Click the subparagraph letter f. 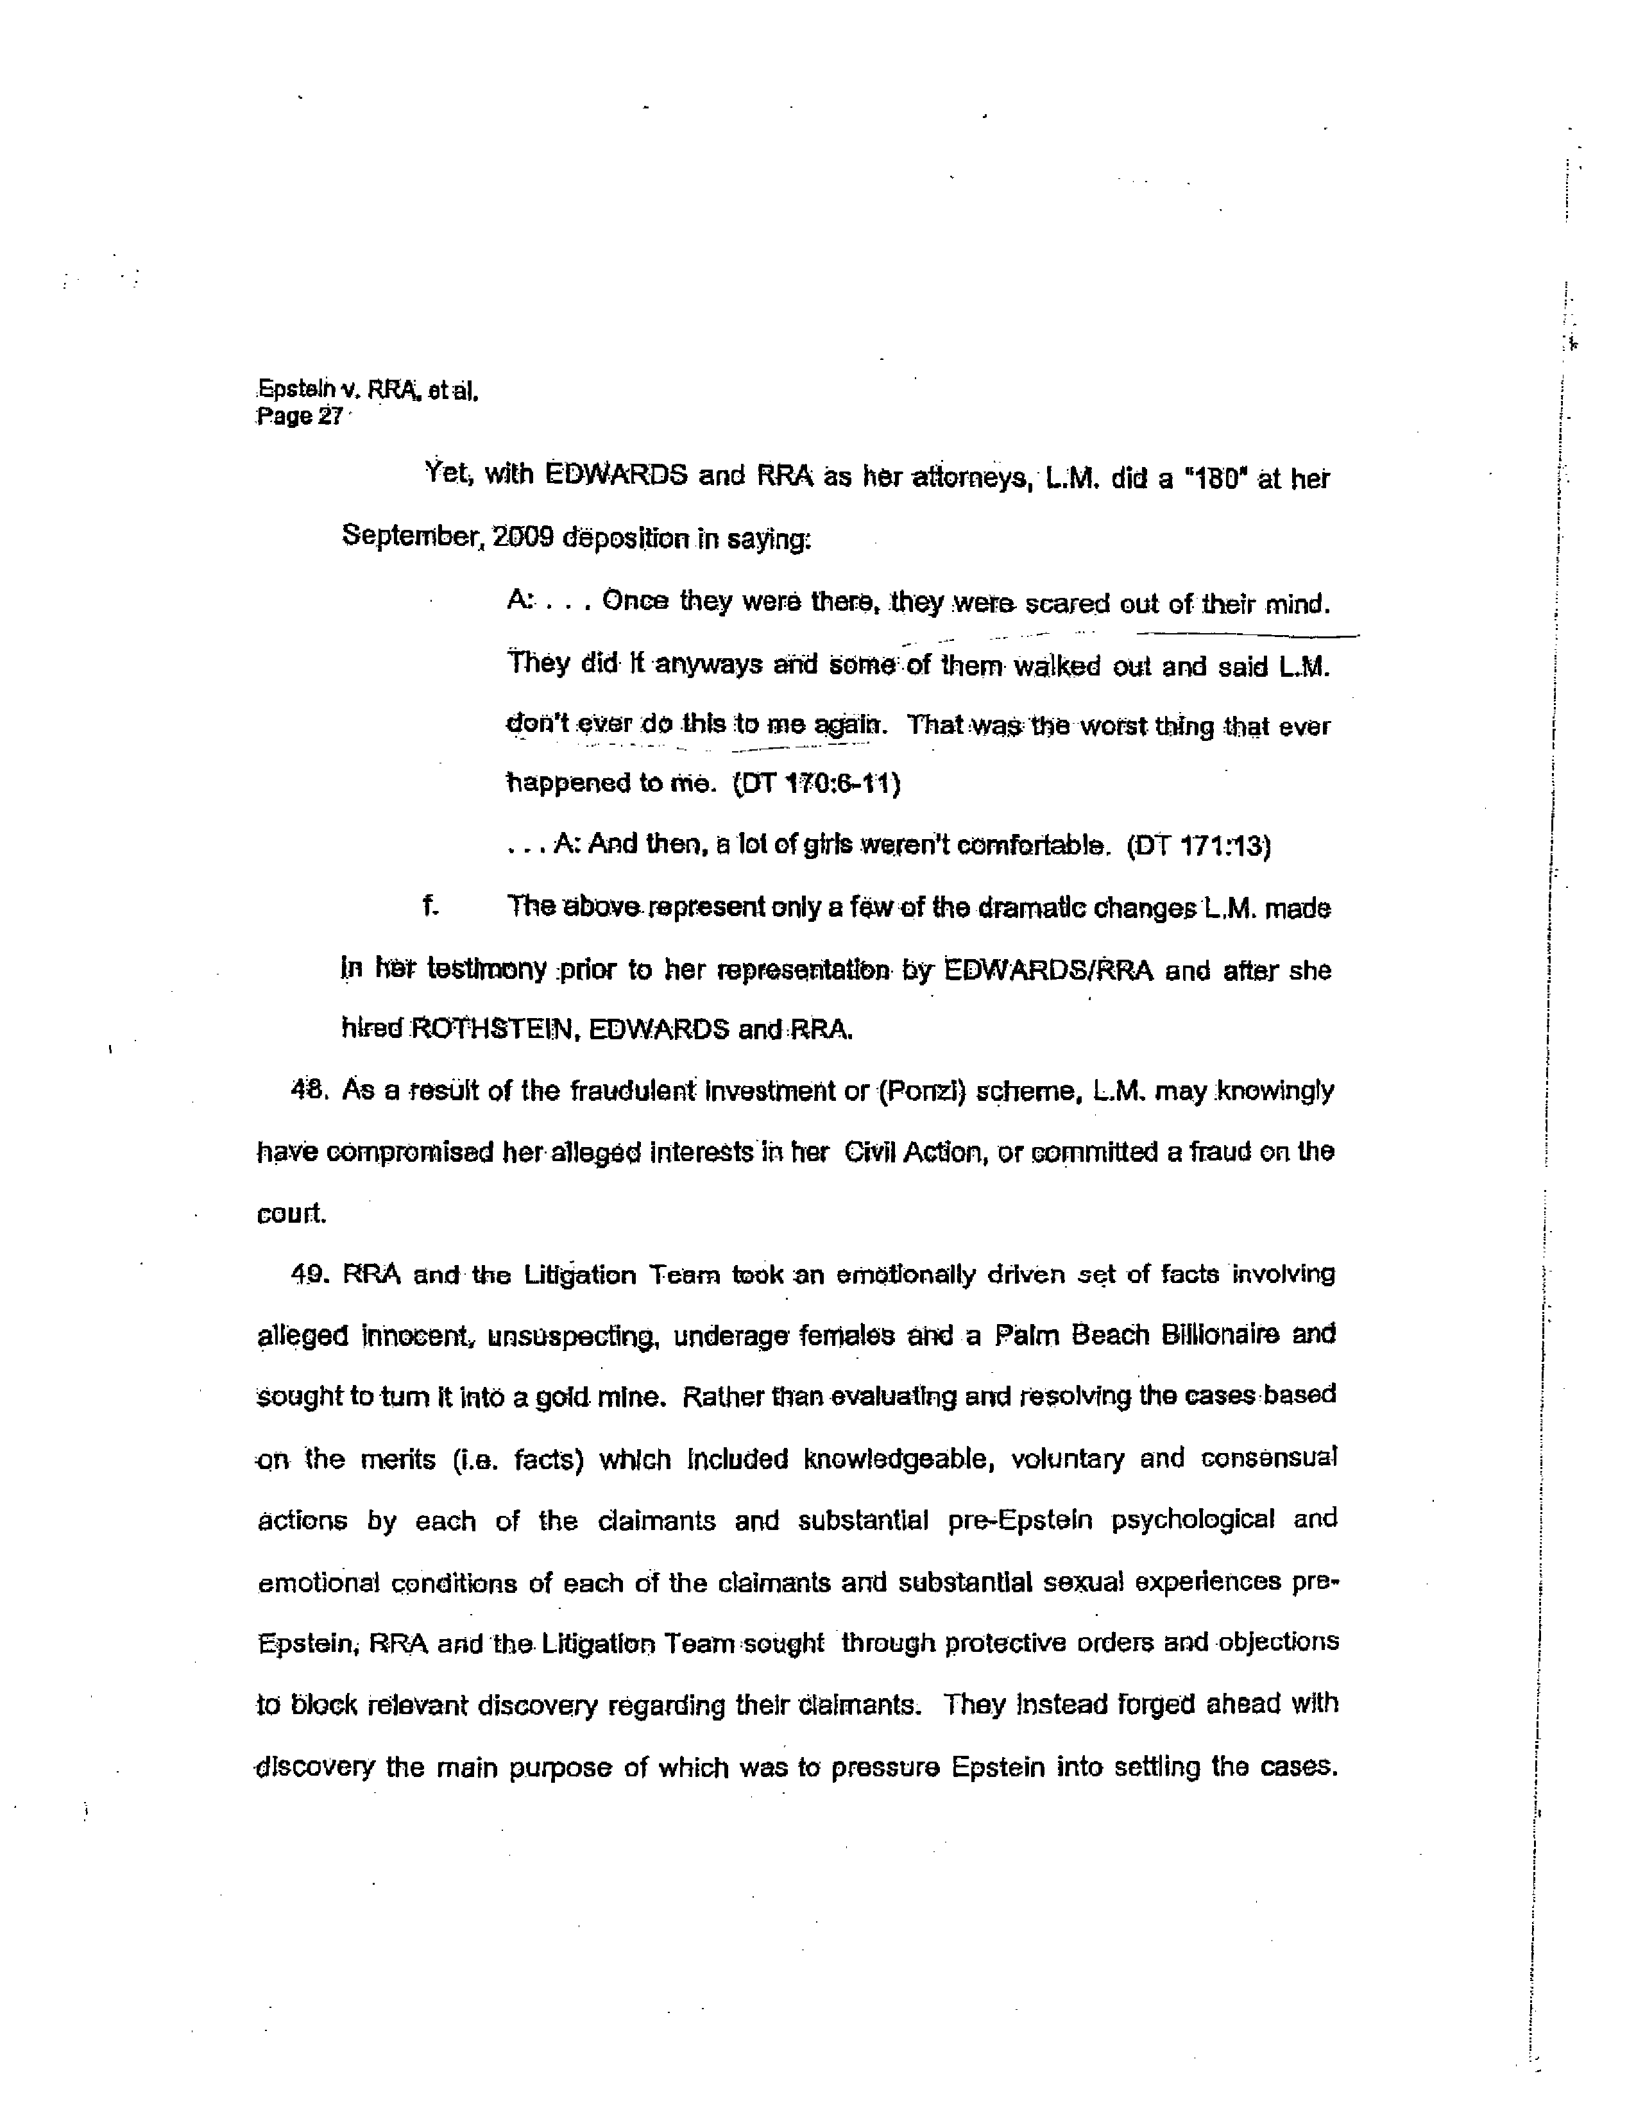click(429, 907)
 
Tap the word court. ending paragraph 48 click(291, 1214)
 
